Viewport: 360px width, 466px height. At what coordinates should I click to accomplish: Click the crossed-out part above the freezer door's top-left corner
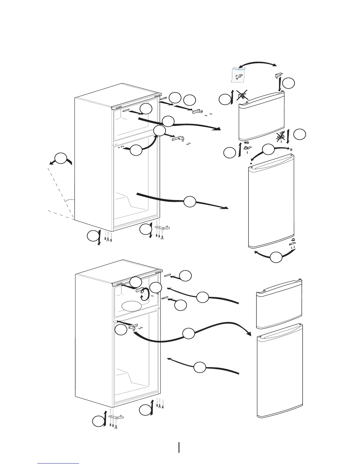242,95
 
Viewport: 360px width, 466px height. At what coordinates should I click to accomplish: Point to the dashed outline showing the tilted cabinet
60,191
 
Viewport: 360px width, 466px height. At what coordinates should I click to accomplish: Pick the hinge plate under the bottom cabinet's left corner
116,417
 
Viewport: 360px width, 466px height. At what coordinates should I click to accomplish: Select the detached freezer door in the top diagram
261,116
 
